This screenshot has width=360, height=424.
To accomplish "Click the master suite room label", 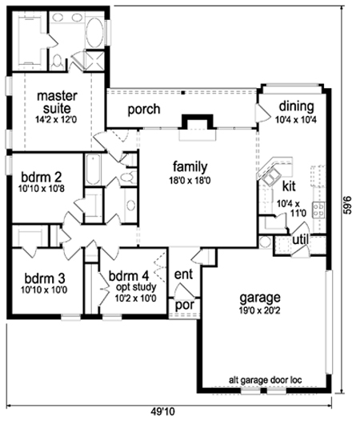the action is click(57, 102).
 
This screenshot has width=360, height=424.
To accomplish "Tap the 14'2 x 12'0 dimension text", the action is click(56, 119).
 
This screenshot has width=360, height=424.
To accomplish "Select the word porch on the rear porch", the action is click(144, 110).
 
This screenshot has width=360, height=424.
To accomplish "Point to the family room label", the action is click(190, 167).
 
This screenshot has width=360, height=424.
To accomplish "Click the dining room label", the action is click(297, 106).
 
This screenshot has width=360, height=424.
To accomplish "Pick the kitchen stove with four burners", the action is click(318, 210).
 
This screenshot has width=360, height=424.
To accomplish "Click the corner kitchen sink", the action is click(270, 178).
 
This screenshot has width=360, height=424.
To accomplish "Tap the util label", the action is click(300, 239).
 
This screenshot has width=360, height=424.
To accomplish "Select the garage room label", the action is click(260, 298).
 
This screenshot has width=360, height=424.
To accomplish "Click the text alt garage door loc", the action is click(266, 380).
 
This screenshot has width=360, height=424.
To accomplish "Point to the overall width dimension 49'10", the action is click(162, 412).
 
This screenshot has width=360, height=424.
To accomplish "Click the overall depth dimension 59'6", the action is click(349, 205).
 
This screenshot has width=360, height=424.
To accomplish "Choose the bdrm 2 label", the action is click(42, 178).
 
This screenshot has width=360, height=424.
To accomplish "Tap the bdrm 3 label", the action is click(44, 278).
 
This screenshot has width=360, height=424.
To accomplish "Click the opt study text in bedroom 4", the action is click(136, 287).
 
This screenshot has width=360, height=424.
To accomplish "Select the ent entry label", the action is click(184, 274).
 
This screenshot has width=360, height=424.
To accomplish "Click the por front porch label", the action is click(185, 306).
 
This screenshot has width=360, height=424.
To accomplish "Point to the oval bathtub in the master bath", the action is click(94, 33).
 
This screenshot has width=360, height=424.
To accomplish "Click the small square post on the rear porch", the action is click(183, 93).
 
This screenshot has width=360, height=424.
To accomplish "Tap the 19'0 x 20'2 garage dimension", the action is click(259, 310).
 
